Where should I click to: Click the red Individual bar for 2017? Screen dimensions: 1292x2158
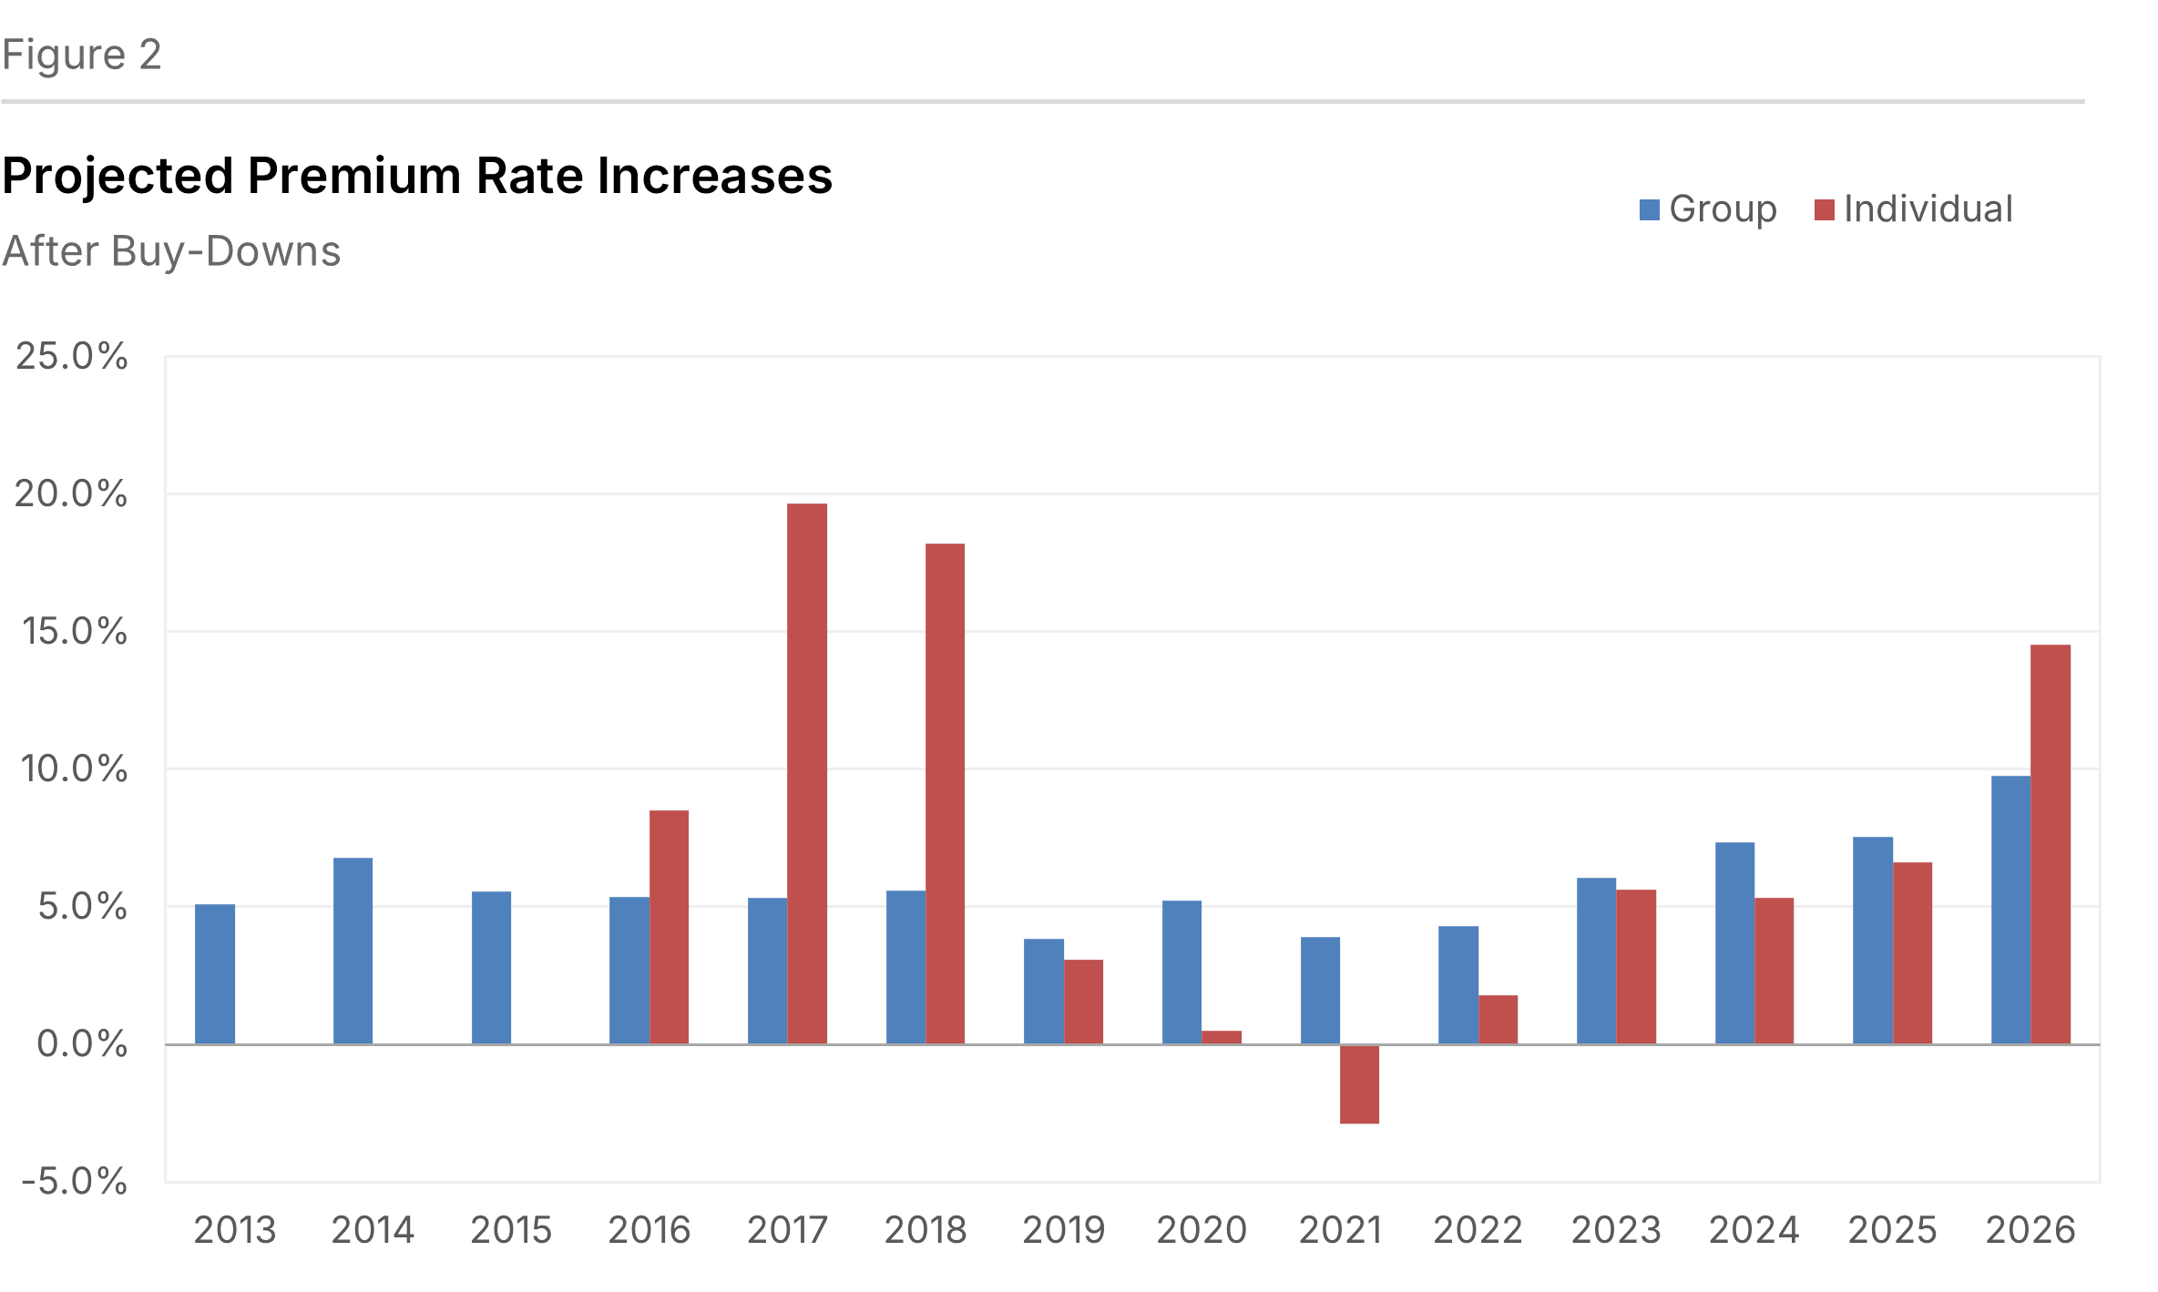[807, 774]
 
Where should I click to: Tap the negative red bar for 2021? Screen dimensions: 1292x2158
[1359, 1083]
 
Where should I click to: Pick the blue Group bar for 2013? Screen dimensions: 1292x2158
[215, 973]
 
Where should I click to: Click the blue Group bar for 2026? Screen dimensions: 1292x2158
[2010, 910]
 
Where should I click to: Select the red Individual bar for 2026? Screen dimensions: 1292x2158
[2051, 844]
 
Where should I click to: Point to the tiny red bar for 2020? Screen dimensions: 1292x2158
[1222, 1037]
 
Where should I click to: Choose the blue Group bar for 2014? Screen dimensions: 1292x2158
[353, 951]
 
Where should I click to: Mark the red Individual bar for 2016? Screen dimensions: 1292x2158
[669, 927]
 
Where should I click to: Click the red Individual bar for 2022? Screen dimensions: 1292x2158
[1498, 1019]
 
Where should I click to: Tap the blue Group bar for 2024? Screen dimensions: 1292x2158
[1734, 942]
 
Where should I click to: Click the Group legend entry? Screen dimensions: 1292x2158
[1709, 209]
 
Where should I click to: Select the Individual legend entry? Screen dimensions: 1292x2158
[1914, 209]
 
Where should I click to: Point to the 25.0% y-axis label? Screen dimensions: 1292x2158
[71, 356]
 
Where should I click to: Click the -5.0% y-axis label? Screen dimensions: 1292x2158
[73, 1181]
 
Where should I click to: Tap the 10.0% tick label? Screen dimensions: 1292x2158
[73, 768]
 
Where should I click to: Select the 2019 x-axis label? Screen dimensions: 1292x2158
[1063, 1230]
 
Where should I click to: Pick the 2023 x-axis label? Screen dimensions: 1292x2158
[1616, 1230]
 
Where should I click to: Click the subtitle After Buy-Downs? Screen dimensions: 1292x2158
[171, 251]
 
